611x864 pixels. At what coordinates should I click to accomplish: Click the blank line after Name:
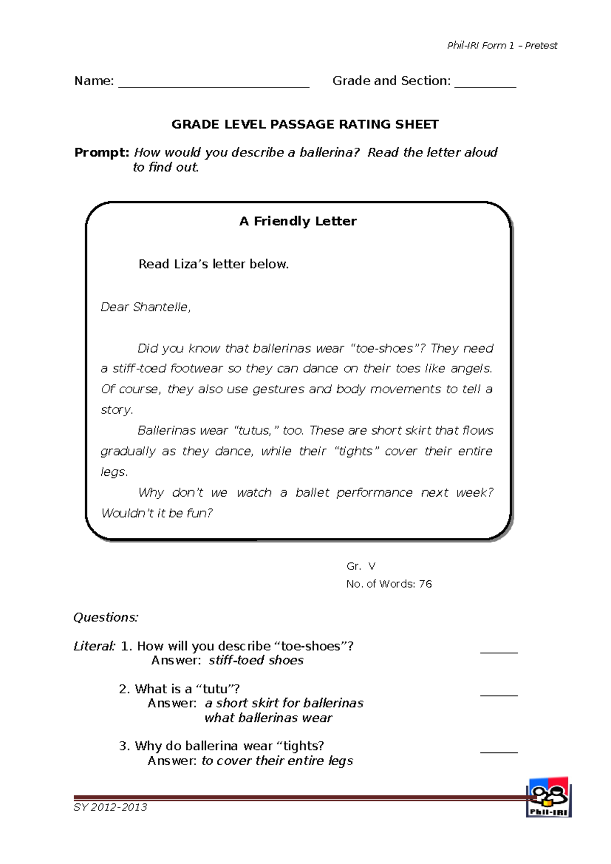click(214, 86)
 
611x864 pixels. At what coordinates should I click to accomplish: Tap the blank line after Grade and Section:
click(485, 86)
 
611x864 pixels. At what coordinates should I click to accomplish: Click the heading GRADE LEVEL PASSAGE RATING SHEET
click(305, 125)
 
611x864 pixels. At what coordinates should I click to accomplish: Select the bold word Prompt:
click(102, 152)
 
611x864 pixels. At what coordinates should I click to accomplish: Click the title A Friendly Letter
click(298, 221)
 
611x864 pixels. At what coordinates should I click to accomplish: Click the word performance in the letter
click(374, 493)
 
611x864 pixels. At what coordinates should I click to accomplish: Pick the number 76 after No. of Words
click(425, 584)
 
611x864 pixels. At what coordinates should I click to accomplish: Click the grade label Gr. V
click(360, 566)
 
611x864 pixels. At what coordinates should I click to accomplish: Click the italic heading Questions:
click(106, 617)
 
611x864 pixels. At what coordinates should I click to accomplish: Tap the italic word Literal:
click(95, 646)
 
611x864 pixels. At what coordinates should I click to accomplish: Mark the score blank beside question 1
click(499, 651)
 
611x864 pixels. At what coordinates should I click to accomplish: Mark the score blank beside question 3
click(499, 751)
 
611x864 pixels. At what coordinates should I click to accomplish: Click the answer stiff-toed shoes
click(256, 661)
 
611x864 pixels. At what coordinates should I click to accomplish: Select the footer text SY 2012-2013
click(110, 807)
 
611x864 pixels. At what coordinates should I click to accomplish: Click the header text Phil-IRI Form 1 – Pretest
click(502, 46)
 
